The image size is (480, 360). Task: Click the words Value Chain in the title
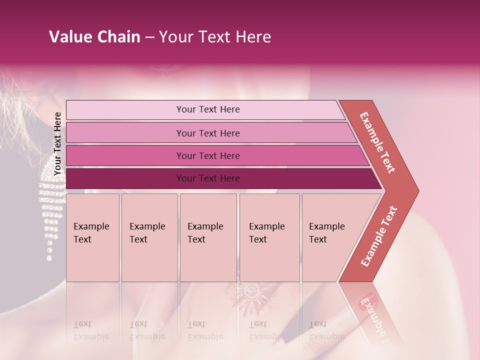click(x=94, y=37)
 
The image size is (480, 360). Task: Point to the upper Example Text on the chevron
click(x=377, y=142)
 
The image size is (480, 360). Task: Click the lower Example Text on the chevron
click(x=379, y=236)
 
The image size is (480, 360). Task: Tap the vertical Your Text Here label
click(x=57, y=143)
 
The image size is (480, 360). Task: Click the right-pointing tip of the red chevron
click(x=416, y=191)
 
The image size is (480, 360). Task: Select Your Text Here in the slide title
click(x=215, y=37)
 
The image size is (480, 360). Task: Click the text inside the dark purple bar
click(x=208, y=178)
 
